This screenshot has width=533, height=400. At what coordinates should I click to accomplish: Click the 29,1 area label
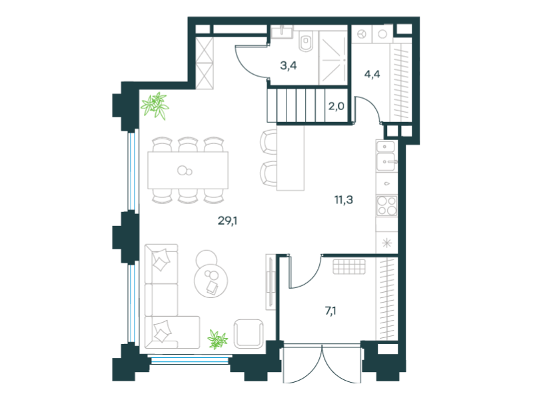227,221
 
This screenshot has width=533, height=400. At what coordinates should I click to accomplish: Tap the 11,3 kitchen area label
344,199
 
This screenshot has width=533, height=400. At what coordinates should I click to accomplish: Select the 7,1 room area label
330,311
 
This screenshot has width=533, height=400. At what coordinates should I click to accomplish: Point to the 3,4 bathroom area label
288,65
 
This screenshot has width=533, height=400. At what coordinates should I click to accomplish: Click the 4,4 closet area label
372,74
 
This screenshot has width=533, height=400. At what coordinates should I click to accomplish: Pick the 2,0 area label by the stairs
336,106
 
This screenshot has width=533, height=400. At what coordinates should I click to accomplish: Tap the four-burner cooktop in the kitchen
387,205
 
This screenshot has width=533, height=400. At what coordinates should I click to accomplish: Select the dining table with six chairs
188,171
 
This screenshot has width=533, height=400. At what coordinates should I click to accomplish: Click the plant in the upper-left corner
155,106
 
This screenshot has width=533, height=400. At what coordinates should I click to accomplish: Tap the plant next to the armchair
218,339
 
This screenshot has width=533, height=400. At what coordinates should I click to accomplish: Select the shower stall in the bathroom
333,60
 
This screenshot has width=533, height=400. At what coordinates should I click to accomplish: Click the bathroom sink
282,31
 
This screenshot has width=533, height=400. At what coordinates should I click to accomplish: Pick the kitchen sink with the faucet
387,162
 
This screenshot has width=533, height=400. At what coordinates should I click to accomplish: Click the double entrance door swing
322,363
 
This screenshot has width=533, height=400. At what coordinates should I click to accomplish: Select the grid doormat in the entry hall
349,267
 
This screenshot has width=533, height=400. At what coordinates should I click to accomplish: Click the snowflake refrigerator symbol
387,243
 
